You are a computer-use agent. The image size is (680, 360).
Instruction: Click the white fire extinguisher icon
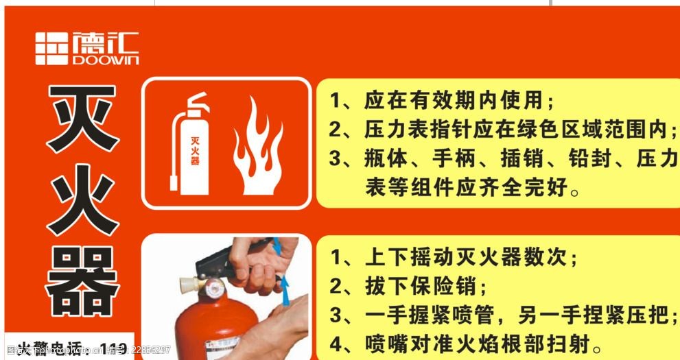pyautogui.click(x=189, y=145)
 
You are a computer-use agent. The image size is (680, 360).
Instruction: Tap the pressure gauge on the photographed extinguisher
pyautogui.click(x=214, y=288)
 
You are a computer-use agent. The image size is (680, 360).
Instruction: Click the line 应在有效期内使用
pyautogui.click(x=443, y=101)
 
